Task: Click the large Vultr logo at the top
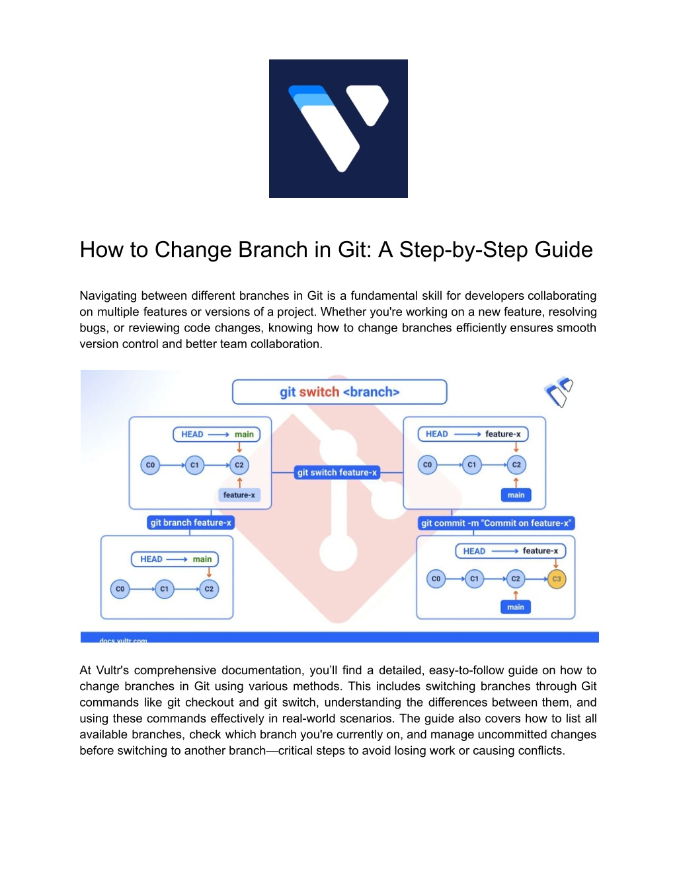click(338, 129)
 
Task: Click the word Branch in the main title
click(273, 250)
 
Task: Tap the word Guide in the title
click(563, 250)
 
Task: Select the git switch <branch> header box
click(339, 392)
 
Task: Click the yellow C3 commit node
click(557, 578)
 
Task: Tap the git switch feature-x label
click(337, 472)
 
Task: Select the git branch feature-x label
click(190, 522)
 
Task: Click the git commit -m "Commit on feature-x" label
click(496, 523)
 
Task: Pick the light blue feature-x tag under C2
click(239, 495)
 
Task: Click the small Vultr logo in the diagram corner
click(559, 392)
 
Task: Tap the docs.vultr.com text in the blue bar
click(123, 641)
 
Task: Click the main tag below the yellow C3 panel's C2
click(516, 607)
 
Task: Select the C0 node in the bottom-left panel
click(120, 588)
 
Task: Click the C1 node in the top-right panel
click(471, 465)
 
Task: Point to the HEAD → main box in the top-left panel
click(216, 434)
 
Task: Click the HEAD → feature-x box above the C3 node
click(510, 551)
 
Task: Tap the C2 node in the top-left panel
click(239, 465)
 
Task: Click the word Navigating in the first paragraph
click(108, 296)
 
